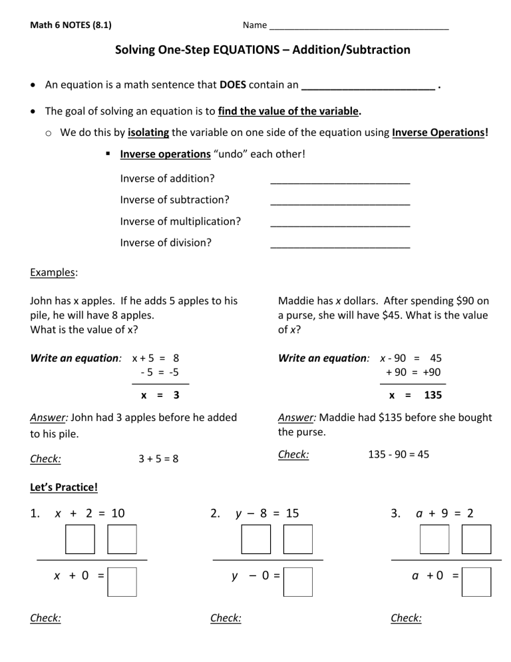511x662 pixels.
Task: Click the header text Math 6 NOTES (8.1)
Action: point(71,26)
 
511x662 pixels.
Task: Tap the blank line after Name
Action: point(359,27)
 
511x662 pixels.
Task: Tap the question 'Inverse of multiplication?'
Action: point(180,221)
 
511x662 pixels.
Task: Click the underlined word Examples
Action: point(54,272)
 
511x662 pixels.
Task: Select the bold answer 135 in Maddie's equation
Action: point(432,395)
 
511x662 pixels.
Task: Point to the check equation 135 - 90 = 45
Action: point(399,454)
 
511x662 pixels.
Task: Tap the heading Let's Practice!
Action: point(64,487)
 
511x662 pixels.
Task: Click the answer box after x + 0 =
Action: point(122,581)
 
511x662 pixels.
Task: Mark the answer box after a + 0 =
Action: point(476,581)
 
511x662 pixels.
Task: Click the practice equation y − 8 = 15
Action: point(267,513)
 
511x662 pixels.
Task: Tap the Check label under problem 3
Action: point(406,618)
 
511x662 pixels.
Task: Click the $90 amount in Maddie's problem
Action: point(465,301)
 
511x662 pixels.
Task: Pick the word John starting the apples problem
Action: point(42,301)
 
